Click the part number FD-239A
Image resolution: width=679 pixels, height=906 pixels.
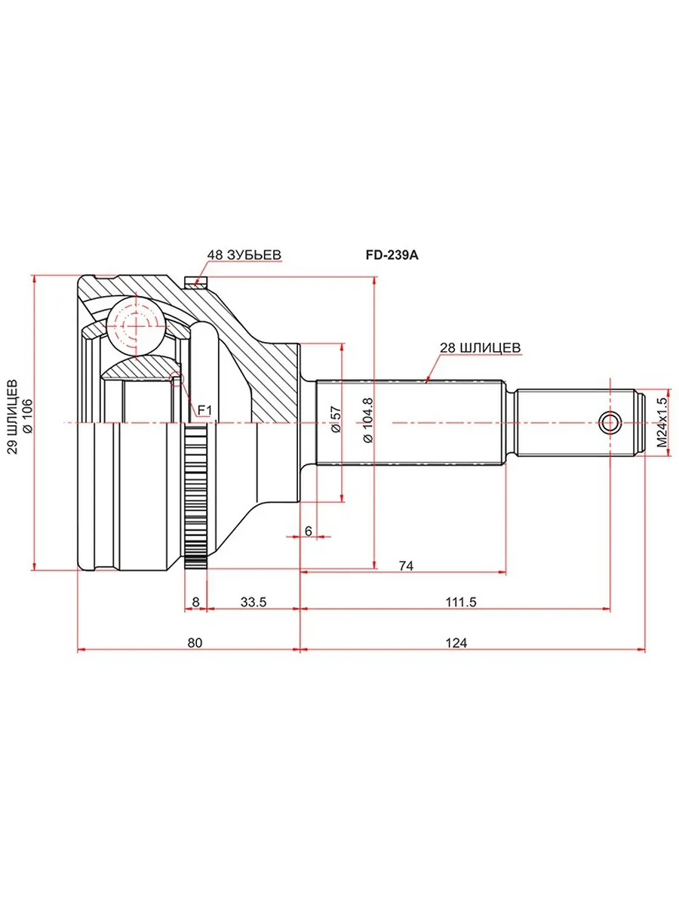pyautogui.click(x=392, y=255)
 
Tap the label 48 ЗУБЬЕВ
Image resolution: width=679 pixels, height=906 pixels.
pyautogui.click(x=244, y=254)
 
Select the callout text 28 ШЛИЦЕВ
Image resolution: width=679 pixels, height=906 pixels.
pyautogui.click(x=481, y=347)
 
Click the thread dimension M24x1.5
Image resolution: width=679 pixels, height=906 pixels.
pyautogui.click(x=662, y=423)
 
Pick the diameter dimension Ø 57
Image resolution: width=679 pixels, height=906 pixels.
pyautogui.click(x=336, y=420)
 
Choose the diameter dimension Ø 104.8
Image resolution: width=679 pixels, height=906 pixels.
pyautogui.click(x=367, y=421)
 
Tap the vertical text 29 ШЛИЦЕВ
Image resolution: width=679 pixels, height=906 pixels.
pyautogui.click(x=13, y=417)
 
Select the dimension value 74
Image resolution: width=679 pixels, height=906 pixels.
pyautogui.click(x=406, y=565)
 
